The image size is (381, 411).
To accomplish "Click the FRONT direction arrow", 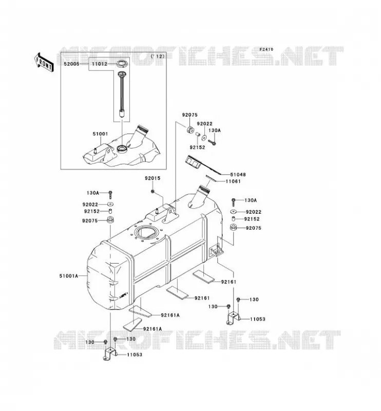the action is [x=44, y=62].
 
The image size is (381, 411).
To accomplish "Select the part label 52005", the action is [x=71, y=64].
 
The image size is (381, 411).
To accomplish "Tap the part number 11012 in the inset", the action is [x=99, y=64].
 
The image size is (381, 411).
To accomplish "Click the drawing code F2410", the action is [x=266, y=49].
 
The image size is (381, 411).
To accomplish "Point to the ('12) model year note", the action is [x=158, y=56].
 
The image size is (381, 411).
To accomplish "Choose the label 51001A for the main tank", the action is [x=69, y=276].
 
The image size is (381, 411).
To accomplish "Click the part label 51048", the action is [x=238, y=175].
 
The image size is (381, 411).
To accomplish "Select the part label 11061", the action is [x=233, y=181].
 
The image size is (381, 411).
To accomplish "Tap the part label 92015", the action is [x=153, y=178].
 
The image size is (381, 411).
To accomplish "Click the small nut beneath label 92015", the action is [x=153, y=192].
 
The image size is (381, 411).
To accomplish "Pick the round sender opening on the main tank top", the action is [x=146, y=233].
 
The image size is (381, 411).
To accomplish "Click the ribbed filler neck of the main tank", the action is [x=200, y=196].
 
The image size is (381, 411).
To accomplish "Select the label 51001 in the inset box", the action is [x=100, y=134].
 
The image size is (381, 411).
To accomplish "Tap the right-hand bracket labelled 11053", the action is [x=233, y=318].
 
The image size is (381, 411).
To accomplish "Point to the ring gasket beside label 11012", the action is [x=121, y=63].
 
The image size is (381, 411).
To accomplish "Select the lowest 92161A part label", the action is [x=153, y=329].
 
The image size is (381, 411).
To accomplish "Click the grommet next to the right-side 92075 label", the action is [x=233, y=227].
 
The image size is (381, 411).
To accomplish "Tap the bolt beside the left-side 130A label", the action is [x=110, y=195].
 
